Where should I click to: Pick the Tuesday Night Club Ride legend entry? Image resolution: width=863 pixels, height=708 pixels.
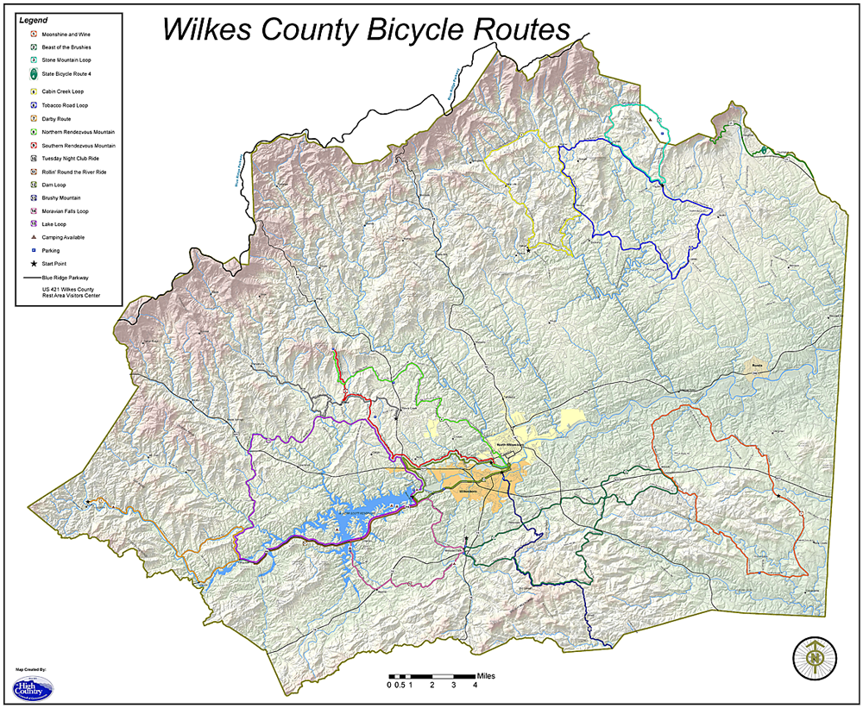tap(70, 159)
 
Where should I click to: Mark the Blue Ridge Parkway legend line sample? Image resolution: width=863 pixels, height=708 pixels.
tap(32, 278)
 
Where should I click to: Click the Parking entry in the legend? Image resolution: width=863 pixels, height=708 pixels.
tap(50, 250)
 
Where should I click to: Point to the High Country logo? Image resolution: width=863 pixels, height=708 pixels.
tap(32, 686)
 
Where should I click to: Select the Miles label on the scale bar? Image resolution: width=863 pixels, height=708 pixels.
tap(487, 675)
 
